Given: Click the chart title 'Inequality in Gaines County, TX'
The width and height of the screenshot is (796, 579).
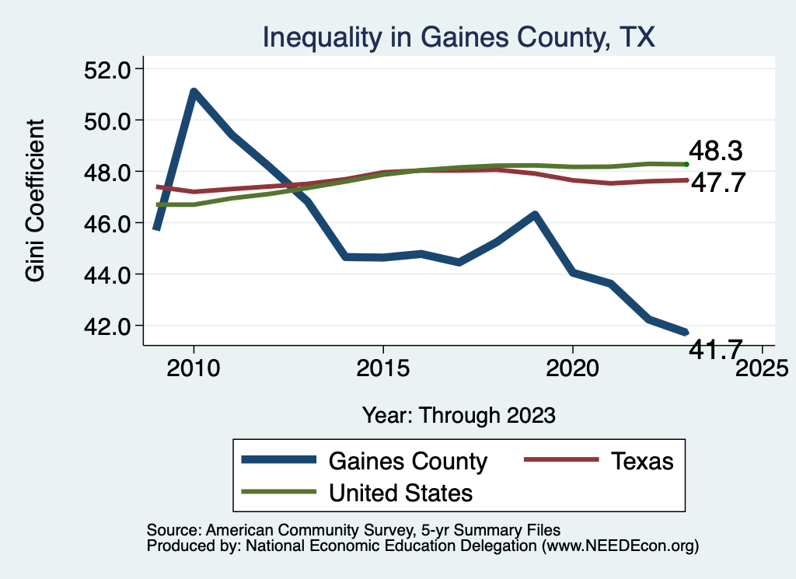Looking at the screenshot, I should pyautogui.click(x=459, y=37).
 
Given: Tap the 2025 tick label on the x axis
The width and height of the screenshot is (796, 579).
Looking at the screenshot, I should pyautogui.click(x=762, y=366).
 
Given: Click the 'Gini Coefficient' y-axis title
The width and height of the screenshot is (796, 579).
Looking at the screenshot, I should pyautogui.click(x=35, y=201).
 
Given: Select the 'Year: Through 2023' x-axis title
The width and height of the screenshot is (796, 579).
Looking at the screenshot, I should pyautogui.click(x=459, y=415).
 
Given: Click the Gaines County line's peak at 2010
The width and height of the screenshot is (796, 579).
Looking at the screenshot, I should pyautogui.click(x=194, y=92).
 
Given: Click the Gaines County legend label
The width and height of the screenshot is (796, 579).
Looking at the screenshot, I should pyautogui.click(x=408, y=461).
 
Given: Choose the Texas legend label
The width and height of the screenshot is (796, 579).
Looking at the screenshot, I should pyautogui.click(x=641, y=461).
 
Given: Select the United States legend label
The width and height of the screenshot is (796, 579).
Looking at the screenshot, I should pyautogui.click(x=400, y=492).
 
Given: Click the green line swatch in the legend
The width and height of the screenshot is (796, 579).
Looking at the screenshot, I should pyautogui.click(x=279, y=492).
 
